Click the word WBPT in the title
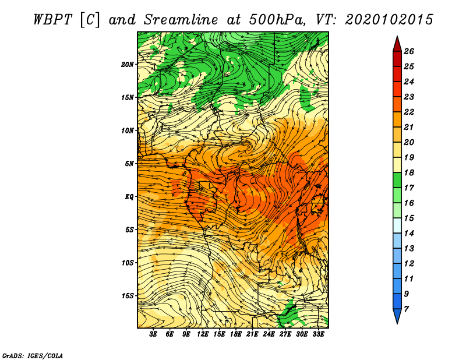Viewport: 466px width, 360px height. tap(53, 20)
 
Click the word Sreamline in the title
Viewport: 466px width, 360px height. tap(181, 20)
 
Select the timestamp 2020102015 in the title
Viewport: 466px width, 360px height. tap(389, 20)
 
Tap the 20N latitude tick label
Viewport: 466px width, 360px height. tap(128, 65)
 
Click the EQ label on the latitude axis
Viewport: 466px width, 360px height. tap(129, 197)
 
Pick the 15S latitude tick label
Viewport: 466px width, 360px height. tap(128, 296)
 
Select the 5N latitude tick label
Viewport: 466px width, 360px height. tap(129, 164)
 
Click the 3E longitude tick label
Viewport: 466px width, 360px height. tap(153, 334)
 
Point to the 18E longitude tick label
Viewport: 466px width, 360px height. tap(235, 334)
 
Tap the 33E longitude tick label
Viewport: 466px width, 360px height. tap(318, 334)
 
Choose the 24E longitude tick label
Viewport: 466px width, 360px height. tap(269, 334)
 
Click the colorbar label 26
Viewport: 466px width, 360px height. tap(409, 51)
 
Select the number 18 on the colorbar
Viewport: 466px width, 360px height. tap(409, 172)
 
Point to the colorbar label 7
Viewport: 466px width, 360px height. tap(406, 309)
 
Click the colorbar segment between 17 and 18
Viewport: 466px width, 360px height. tap(397, 180)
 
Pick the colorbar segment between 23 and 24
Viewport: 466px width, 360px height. tap(397, 89)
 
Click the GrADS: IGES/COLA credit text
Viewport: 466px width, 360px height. tap(33, 355)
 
